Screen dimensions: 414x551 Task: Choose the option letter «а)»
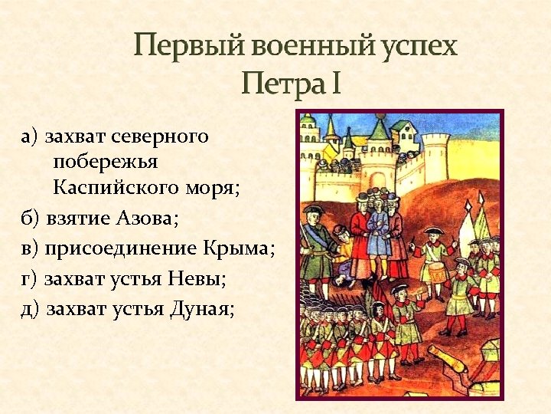tap(31, 137)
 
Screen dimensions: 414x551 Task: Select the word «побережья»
tap(106, 163)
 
